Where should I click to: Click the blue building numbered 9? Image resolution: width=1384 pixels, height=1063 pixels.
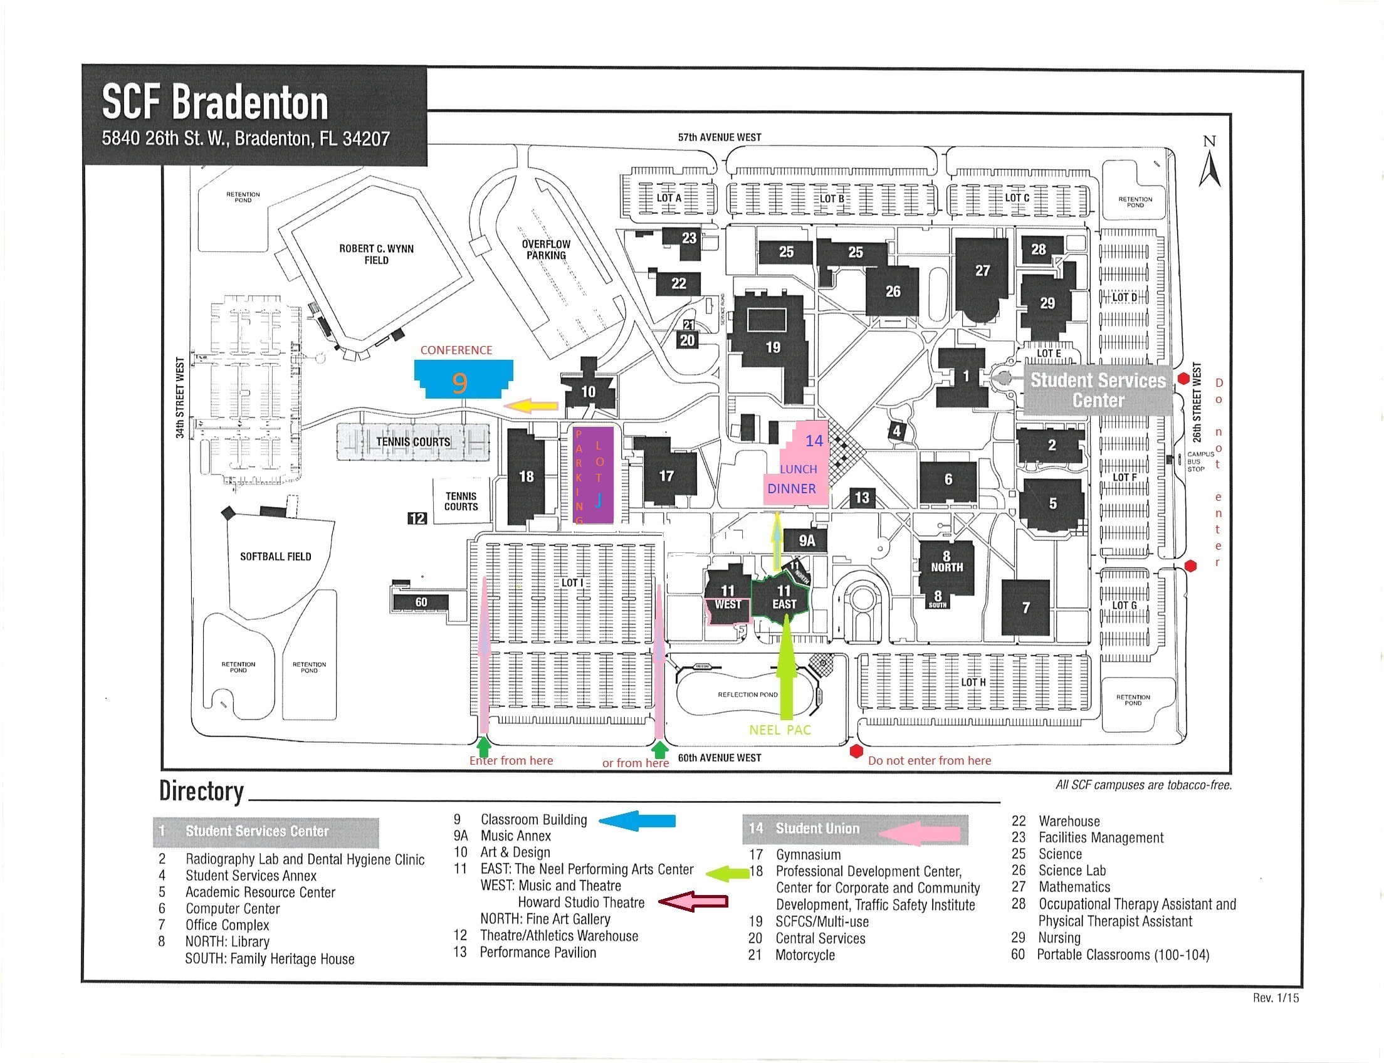point(463,380)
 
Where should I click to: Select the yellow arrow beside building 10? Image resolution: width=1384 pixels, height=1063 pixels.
point(531,406)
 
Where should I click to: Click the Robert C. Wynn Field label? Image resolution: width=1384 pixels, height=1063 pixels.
point(376,254)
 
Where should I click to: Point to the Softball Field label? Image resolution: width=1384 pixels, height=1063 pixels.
point(275,557)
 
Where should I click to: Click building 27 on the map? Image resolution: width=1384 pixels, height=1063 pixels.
point(982,272)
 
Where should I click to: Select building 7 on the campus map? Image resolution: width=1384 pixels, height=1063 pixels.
point(1025,608)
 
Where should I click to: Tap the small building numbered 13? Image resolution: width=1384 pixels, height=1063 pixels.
point(862,498)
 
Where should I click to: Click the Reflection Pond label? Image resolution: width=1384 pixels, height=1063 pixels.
point(747,694)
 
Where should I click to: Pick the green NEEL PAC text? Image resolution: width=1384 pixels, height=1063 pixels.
point(780,730)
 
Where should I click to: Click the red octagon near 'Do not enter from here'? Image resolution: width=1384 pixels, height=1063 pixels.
point(856,751)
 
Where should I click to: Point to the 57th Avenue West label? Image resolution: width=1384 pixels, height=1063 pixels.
point(720,137)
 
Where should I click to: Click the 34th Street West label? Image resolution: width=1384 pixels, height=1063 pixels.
point(181,397)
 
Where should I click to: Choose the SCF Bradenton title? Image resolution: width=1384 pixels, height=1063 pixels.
point(215,103)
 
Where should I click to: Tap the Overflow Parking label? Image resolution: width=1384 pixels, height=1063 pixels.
point(545,250)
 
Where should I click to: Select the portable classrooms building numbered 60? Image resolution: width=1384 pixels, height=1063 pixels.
point(421,602)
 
